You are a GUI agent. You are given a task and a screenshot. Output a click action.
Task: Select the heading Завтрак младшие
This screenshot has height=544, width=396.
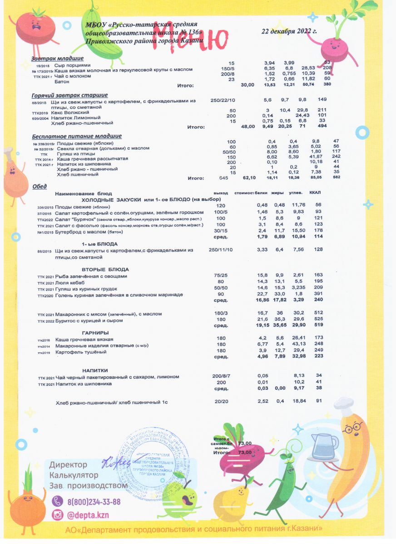[x=57, y=58]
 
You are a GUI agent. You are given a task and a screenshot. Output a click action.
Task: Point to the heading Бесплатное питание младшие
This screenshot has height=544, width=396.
[x=77, y=136]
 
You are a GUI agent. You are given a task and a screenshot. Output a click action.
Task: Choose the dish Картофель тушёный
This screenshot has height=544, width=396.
[x=81, y=352]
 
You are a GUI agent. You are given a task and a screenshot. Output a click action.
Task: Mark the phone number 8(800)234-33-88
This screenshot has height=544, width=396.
[x=94, y=502]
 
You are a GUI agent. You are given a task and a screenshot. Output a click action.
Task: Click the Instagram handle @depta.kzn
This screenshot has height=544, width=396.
[x=88, y=515]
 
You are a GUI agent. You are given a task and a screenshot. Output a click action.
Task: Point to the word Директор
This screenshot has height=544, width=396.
[x=68, y=465]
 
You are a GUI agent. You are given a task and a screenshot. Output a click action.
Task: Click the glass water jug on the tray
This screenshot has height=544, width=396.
[x=324, y=446]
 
